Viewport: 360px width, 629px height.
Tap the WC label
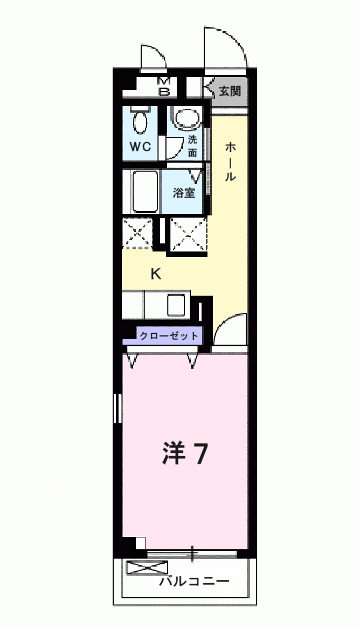[143, 146]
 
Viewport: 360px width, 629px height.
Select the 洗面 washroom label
[193, 145]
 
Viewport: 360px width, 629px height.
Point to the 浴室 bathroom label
[184, 192]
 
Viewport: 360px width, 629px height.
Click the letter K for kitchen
[156, 274]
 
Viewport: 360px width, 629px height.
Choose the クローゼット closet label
[169, 336]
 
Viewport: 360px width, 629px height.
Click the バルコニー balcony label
[195, 582]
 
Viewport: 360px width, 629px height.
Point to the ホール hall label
[230, 162]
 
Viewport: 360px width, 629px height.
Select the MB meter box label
[164, 86]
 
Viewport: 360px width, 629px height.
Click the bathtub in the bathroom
[144, 192]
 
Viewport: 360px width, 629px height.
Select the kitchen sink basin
[177, 305]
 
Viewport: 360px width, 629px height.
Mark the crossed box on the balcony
[147, 568]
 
